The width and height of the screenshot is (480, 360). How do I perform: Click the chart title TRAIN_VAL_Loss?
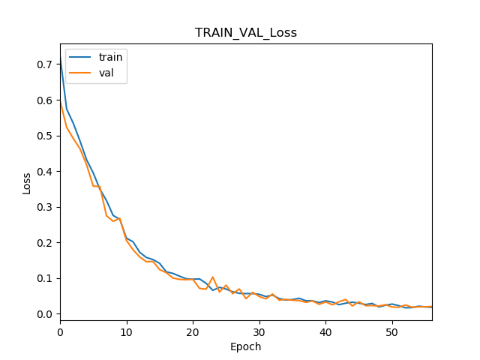point(245,33)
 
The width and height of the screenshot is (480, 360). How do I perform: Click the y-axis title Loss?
point(27,183)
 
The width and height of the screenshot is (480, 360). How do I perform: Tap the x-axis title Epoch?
point(245,346)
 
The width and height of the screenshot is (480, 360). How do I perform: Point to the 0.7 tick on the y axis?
point(46,64)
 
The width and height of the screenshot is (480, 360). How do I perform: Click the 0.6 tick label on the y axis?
point(46,100)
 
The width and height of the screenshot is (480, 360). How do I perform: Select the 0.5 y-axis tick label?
point(46,136)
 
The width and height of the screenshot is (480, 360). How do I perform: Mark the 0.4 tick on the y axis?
point(46,172)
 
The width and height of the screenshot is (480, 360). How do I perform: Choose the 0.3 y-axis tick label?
point(46,207)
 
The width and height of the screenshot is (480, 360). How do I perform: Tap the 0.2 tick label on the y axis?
point(46,243)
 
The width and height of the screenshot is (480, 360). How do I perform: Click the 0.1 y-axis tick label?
point(46,278)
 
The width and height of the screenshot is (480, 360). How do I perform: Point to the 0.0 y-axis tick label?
point(46,314)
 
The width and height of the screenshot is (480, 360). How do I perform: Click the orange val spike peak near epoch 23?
point(213,277)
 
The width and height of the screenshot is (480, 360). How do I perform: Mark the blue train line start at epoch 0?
point(61,59)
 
